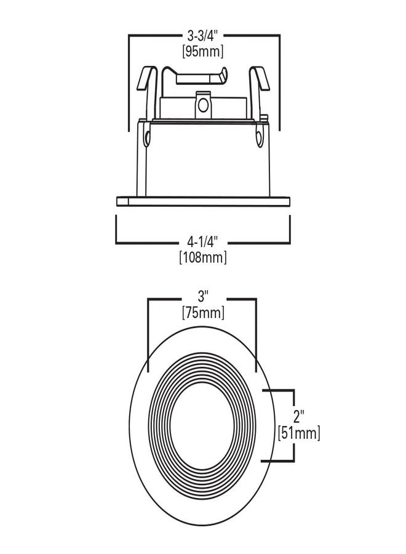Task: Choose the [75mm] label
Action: tap(202, 313)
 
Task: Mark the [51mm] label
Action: tap(299, 433)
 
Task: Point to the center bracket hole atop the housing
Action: tap(202, 106)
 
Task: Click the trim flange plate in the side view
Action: tap(202, 200)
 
